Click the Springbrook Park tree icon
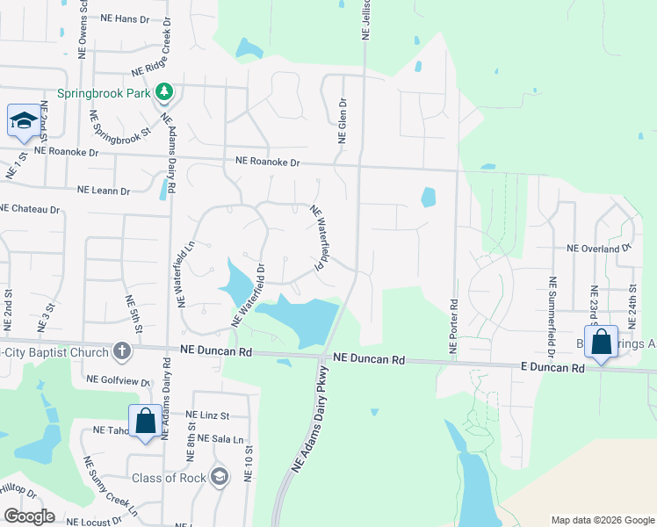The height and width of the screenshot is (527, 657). point(163,91)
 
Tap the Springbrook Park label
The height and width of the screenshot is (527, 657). point(105,92)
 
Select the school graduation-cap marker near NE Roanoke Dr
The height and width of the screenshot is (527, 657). point(24,122)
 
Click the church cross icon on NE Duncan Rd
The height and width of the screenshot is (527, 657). point(122,352)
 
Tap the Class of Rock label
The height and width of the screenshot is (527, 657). point(169,478)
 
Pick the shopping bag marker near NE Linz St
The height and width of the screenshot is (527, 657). point(146,422)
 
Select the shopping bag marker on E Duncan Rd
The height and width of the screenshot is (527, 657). point(602,343)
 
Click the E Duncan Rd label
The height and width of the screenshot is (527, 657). point(552,368)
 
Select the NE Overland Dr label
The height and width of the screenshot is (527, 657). point(599,249)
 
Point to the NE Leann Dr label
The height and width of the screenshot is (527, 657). point(104,190)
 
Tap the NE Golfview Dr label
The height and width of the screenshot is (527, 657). point(119,381)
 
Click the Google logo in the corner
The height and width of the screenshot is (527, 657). point(29,516)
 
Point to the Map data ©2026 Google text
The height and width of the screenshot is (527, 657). point(603,520)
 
